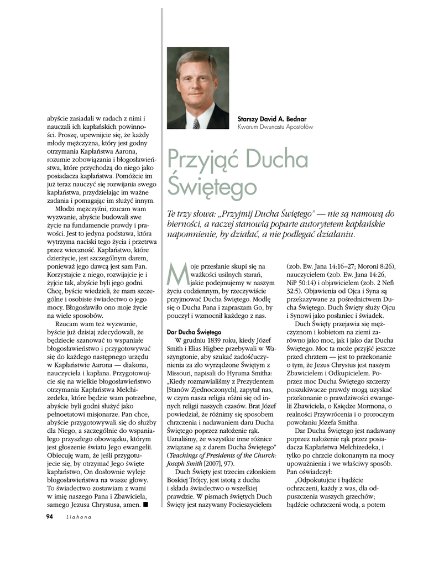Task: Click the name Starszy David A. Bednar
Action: [x=271, y=119]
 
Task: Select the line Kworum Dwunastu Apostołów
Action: [x=275, y=127]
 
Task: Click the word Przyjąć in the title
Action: [x=201, y=160]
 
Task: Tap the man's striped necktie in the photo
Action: [x=196, y=123]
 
